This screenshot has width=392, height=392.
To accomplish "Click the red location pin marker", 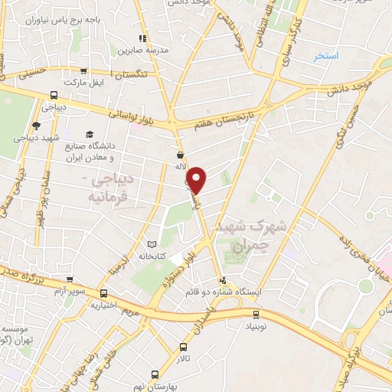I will [x=198, y=180].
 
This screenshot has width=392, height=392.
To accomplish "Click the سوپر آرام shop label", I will [x=70, y=292].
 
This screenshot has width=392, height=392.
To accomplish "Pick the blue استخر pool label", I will [x=327, y=57].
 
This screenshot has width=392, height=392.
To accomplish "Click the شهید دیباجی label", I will [x=34, y=138].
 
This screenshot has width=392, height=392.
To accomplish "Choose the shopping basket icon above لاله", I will [x=179, y=155].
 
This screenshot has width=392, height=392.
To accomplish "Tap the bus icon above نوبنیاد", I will [x=256, y=313].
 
